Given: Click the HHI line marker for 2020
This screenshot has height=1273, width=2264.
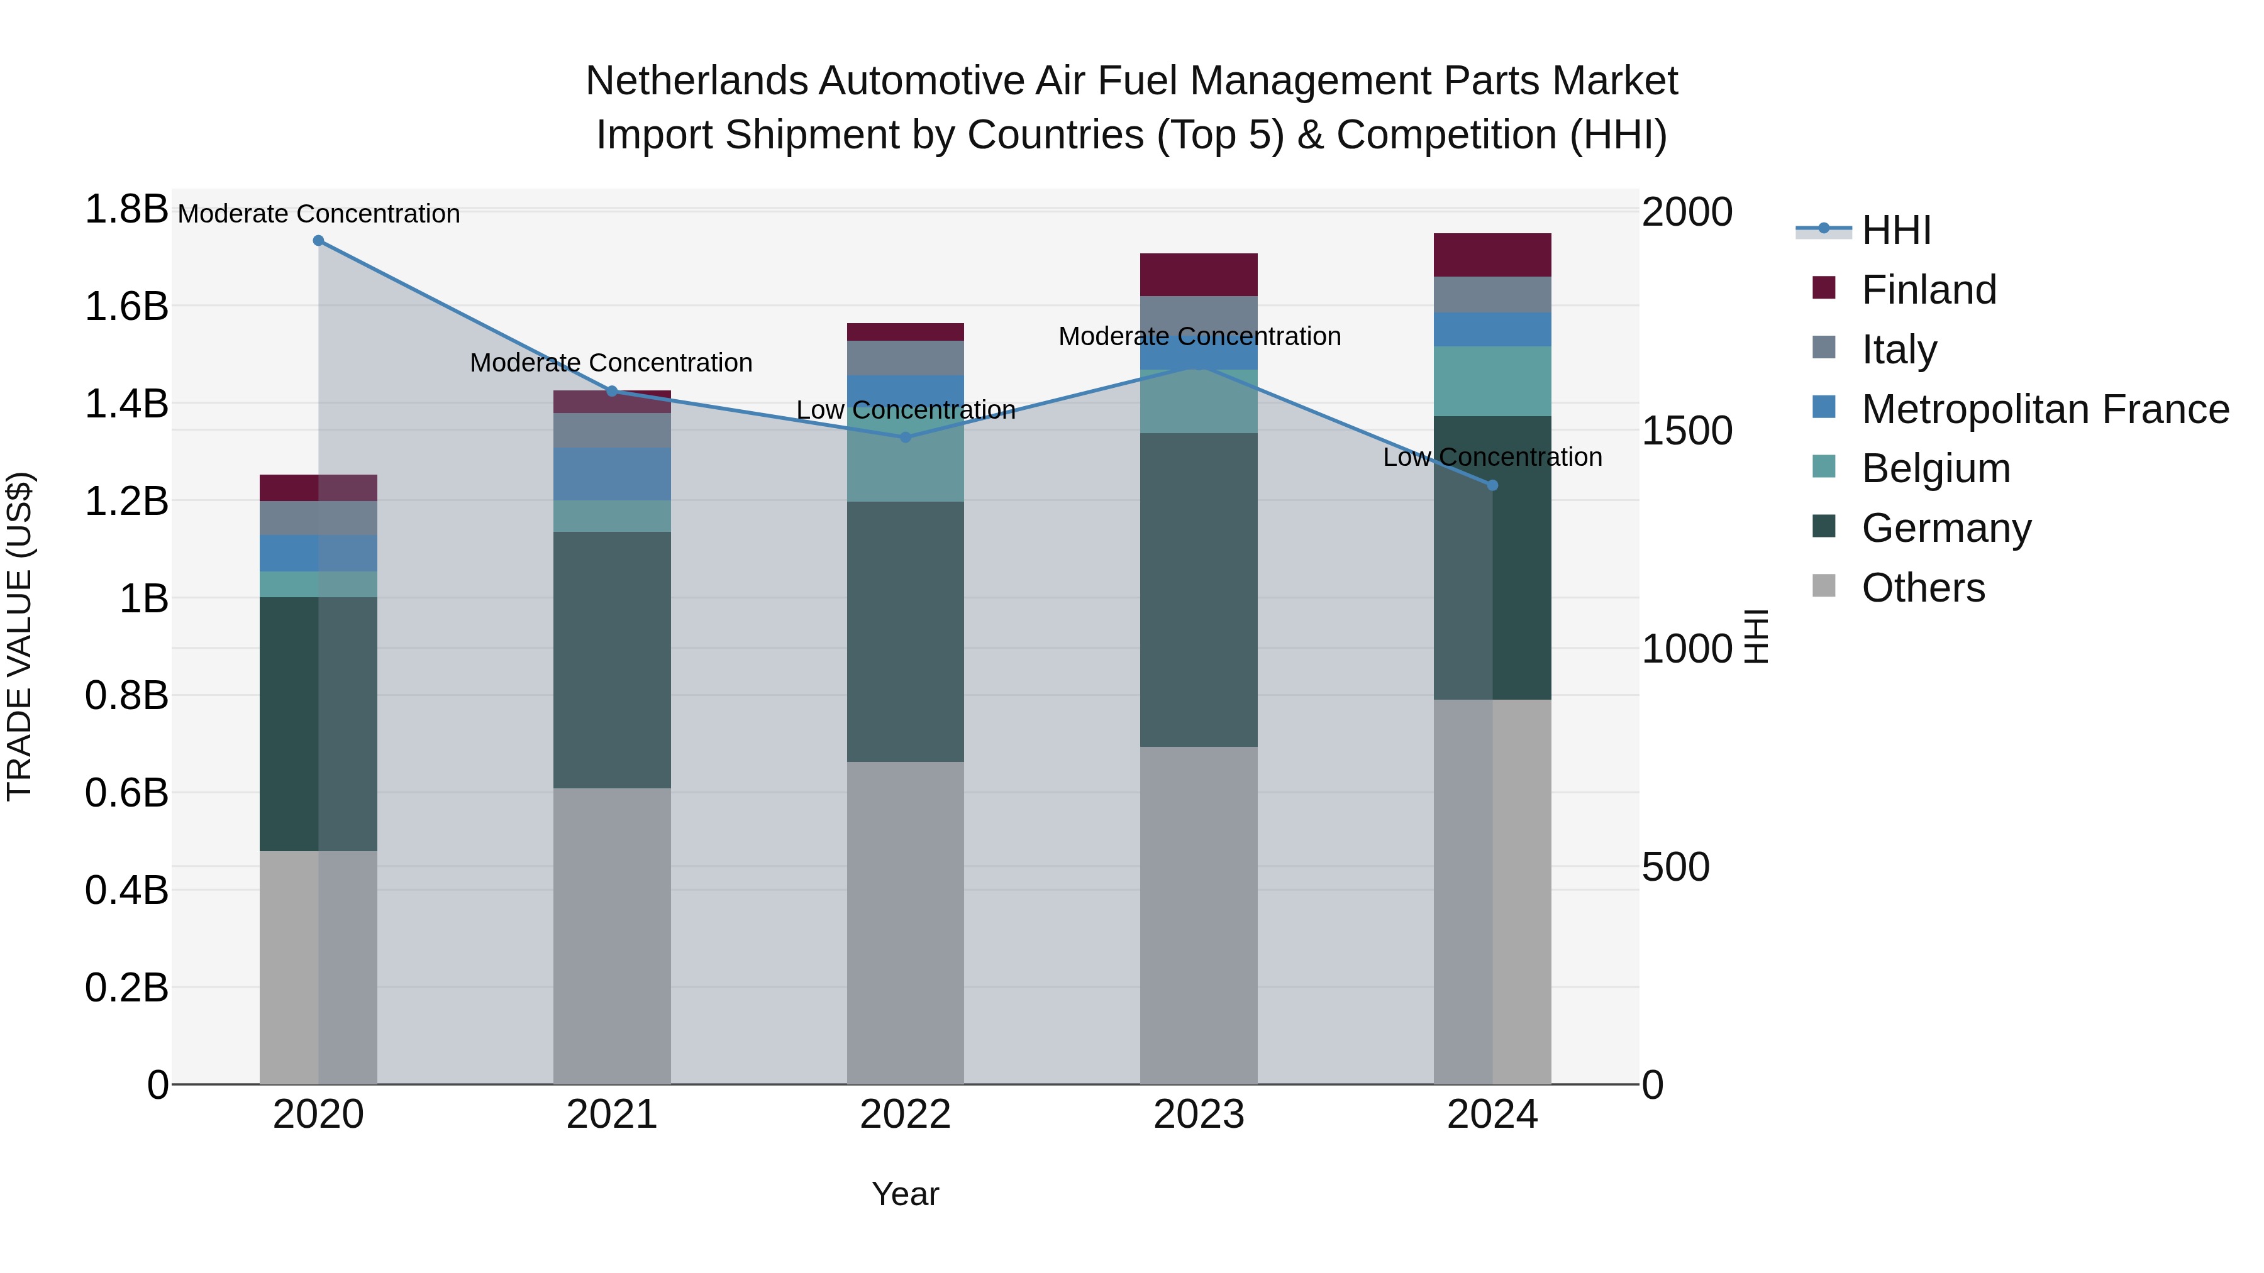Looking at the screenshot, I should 318,241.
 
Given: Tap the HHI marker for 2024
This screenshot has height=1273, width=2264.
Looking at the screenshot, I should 1492,485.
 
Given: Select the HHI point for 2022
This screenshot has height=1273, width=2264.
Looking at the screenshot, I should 905,437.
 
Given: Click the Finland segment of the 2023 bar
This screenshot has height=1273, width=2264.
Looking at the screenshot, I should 1198,274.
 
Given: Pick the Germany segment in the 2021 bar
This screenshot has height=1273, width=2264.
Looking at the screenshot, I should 612,659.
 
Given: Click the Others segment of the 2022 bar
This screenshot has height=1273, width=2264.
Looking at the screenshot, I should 905,922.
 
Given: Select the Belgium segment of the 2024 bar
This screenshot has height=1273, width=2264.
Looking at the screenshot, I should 1492,380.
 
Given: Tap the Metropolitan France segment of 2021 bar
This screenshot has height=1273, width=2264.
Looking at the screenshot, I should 612,473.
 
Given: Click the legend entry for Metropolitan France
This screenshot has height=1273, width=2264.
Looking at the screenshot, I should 2045,409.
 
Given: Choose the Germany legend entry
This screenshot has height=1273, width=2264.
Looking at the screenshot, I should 1946,528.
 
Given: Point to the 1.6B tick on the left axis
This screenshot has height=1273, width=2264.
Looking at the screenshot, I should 126,307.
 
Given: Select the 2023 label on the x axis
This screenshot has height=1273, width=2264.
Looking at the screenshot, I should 1198,1115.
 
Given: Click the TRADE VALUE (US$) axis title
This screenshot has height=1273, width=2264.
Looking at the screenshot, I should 19,636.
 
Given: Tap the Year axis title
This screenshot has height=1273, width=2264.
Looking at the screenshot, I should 905,1194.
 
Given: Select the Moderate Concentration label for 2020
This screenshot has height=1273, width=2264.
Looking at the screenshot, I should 318,214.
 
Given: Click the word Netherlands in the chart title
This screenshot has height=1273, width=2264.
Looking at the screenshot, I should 696,81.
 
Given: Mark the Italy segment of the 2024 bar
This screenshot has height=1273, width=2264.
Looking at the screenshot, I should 1492,294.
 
